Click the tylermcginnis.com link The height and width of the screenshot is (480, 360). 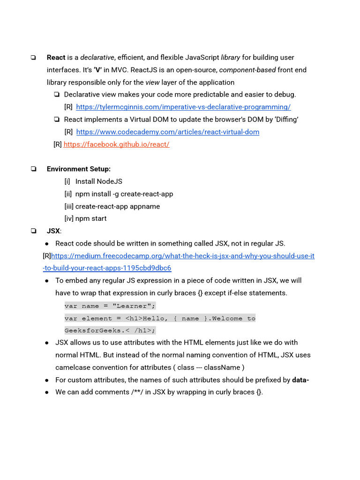pyautogui.click(x=183, y=107)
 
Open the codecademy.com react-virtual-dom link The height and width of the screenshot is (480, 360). pyautogui.click(x=167, y=132)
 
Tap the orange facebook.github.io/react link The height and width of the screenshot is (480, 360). pyautogui.click(x=116, y=144)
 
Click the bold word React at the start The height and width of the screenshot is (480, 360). pyautogui.click(x=56, y=57)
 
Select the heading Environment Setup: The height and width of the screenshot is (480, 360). pyautogui.click(x=79, y=169)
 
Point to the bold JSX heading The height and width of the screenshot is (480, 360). pyautogui.click(x=53, y=231)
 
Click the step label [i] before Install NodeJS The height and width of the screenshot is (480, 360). pyautogui.click(x=67, y=181)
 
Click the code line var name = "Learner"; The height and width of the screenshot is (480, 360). pyautogui.click(x=110, y=306)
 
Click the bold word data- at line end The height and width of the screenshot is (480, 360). pyautogui.click(x=300, y=380)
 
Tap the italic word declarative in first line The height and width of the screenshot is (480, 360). pyautogui.click(x=97, y=57)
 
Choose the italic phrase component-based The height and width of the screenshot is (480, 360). pyautogui.click(x=247, y=70)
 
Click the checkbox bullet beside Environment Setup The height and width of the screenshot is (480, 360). pyautogui.click(x=33, y=169)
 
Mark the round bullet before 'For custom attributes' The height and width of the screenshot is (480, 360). pyautogui.click(x=47, y=380)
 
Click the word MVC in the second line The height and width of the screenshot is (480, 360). pyautogui.click(x=118, y=70)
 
